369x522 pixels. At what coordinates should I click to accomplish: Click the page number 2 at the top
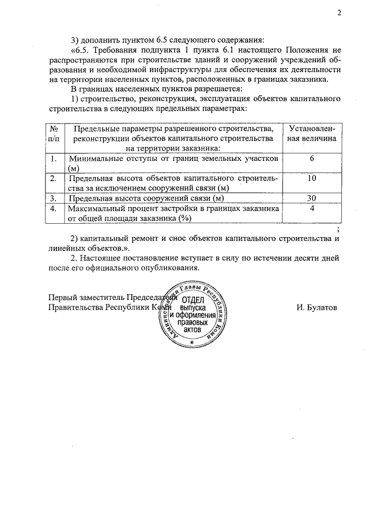click(x=340, y=12)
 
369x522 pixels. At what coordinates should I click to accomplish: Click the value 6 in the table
click(x=311, y=158)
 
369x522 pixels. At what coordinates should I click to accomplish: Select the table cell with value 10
click(x=312, y=179)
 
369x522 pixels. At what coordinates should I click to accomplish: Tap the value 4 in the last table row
click(x=311, y=209)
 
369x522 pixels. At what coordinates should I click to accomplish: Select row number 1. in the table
click(x=54, y=158)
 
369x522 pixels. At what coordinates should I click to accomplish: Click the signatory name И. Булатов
click(x=317, y=307)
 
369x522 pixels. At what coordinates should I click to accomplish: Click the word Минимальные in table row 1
click(x=95, y=158)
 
